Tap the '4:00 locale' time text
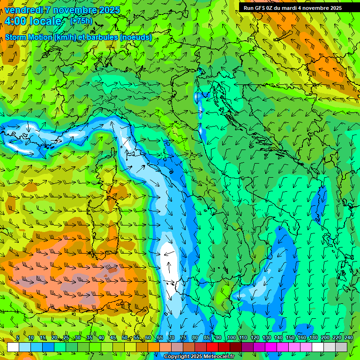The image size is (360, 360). pyautogui.click(x=33, y=21)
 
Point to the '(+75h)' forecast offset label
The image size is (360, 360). pyautogui.click(x=81, y=21)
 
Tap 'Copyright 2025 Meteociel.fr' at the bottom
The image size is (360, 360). pyautogui.click(x=199, y=357)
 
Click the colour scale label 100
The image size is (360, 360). pyautogui.click(x=232, y=338)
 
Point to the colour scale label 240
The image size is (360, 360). pyautogui.click(x=348, y=338)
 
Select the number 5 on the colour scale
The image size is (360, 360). pyautogui.click(x=18, y=338)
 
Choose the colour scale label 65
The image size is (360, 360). pyautogui.click(x=159, y=338)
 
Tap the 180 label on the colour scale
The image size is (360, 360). pyautogui.click(x=313, y=338)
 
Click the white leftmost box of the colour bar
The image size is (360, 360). pyautogui.click(x=13, y=347)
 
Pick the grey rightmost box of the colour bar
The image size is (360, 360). pyautogui.click(x=341, y=347)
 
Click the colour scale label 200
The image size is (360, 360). pyautogui.click(x=325, y=338)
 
